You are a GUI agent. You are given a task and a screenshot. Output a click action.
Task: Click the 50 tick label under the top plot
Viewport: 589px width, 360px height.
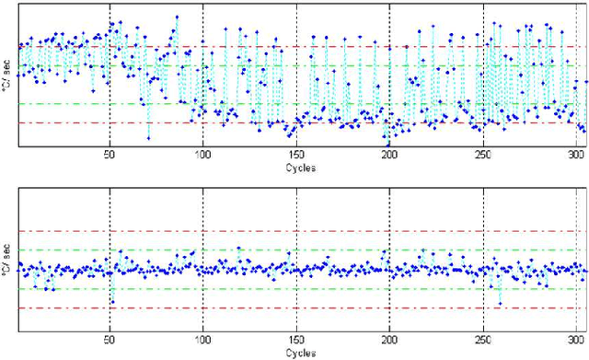110,155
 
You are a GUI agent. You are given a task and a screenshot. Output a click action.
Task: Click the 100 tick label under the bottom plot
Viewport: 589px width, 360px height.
202,339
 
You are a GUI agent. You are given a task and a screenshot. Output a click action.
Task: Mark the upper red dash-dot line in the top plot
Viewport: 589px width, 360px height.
276,46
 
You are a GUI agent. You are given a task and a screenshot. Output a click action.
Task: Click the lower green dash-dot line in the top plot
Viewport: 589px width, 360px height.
276,104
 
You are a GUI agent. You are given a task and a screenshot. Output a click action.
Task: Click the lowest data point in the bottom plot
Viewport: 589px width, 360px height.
500,303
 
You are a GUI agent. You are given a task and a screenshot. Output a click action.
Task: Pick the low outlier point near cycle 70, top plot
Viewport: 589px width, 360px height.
148,138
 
